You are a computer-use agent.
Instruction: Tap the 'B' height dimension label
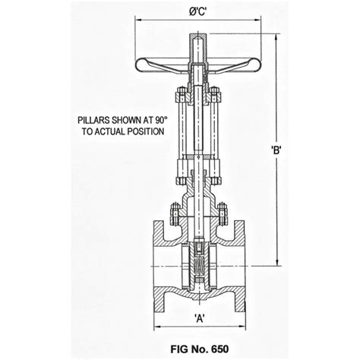click(x=276, y=150)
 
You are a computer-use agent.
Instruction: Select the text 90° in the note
click(x=155, y=120)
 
